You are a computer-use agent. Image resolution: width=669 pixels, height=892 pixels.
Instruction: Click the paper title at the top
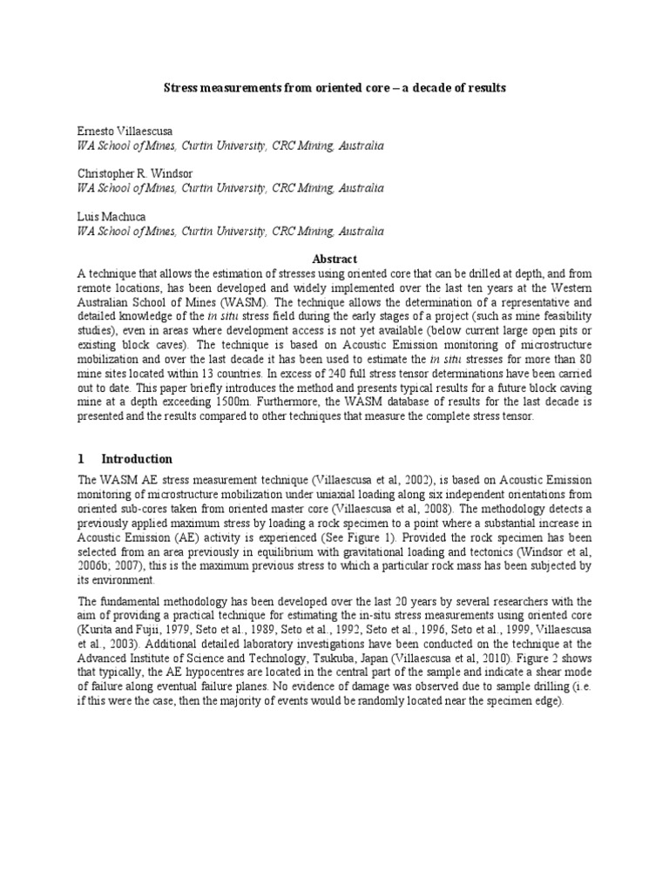click(x=334, y=89)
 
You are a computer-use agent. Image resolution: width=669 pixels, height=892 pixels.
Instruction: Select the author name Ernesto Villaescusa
click(x=118, y=131)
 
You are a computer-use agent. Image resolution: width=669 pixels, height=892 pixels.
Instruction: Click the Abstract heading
click(x=334, y=259)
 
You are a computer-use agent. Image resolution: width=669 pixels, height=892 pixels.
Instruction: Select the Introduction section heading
click(x=137, y=459)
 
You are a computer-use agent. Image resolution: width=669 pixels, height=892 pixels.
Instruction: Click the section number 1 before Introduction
click(x=81, y=459)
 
